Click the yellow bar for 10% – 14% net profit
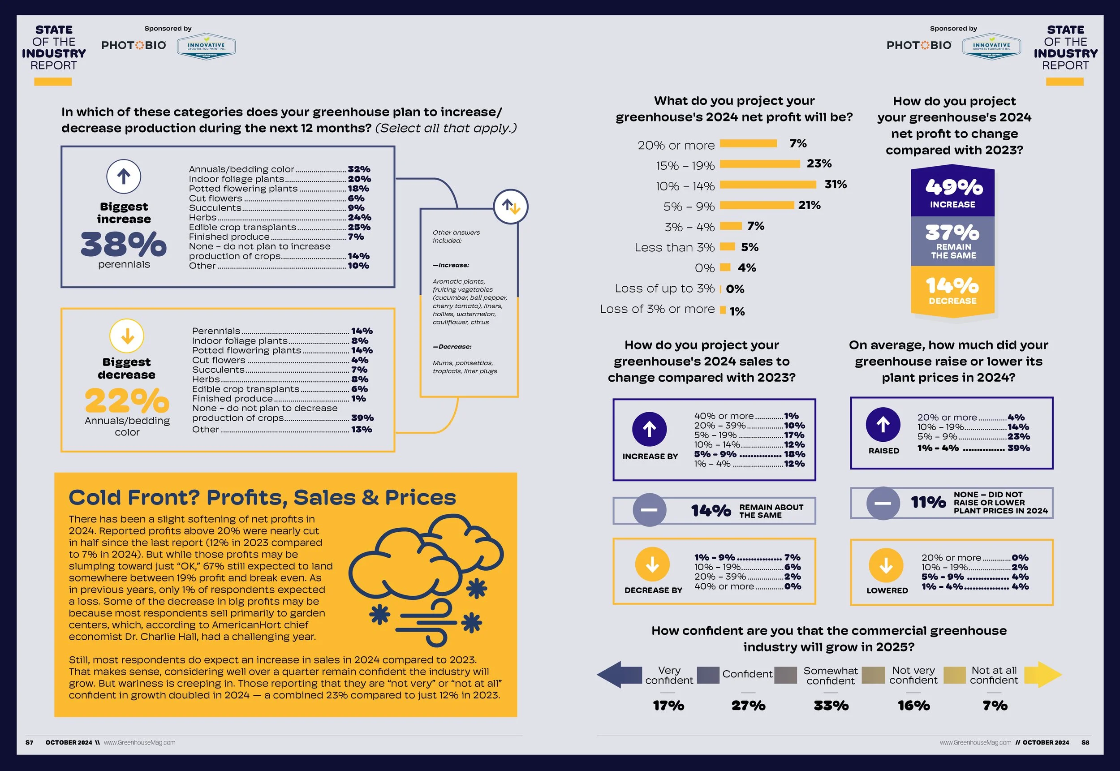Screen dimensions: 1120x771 pyautogui.click(x=768, y=185)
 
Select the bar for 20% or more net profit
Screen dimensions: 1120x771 pyautogui.click(x=749, y=143)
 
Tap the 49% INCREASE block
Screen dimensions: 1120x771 pyautogui.click(x=952, y=192)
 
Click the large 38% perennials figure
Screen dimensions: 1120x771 pyautogui.click(x=124, y=244)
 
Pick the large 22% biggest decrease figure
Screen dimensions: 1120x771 pyautogui.click(x=127, y=401)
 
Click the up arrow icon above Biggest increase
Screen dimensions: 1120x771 pyautogui.click(x=124, y=177)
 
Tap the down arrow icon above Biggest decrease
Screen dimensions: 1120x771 pyautogui.click(x=127, y=336)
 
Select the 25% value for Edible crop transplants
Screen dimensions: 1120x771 pyautogui.click(x=359, y=227)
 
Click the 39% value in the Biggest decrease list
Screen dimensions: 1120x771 pyautogui.click(x=362, y=418)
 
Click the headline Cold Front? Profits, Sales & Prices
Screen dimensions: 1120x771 pyautogui.click(x=262, y=498)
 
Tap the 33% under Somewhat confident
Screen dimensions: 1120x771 pyautogui.click(x=831, y=706)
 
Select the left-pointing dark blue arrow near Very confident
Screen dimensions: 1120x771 pyautogui.click(x=619, y=674)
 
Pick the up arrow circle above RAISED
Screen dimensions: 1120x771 pyautogui.click(x=883, y=425)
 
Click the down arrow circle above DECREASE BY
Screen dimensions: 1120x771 pyautogui.click(x=652, y=564)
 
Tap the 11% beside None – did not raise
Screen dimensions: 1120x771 pyautogui.click(x=928, y=502)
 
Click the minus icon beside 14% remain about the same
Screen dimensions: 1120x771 pyautogui.click(x=649, y=510)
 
